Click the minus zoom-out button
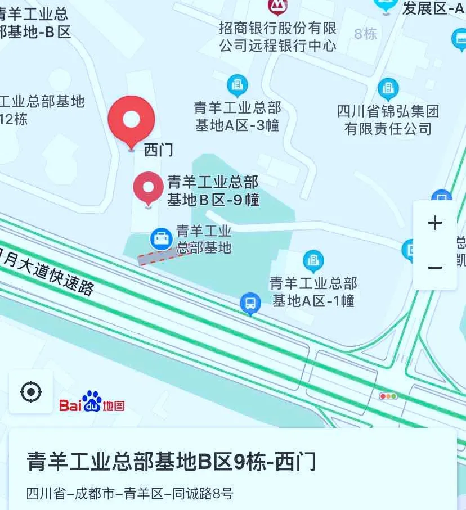coord(434,268)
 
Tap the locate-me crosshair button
coord(31,392)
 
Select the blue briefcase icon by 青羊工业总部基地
coord(162,239)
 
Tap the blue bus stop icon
coord(250,304)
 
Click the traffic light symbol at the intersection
coord(388,396)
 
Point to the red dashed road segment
coord(162,256)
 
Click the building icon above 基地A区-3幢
coord(238,86)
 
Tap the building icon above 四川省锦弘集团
coord(388,89)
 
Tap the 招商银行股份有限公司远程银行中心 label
coord(277,37)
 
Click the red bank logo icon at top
coord(277,6)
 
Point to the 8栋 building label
coord(366,34)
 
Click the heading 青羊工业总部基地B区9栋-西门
coord(172,462)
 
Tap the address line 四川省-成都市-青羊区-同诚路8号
coord(129,494)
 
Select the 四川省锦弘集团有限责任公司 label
coord(388,120)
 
